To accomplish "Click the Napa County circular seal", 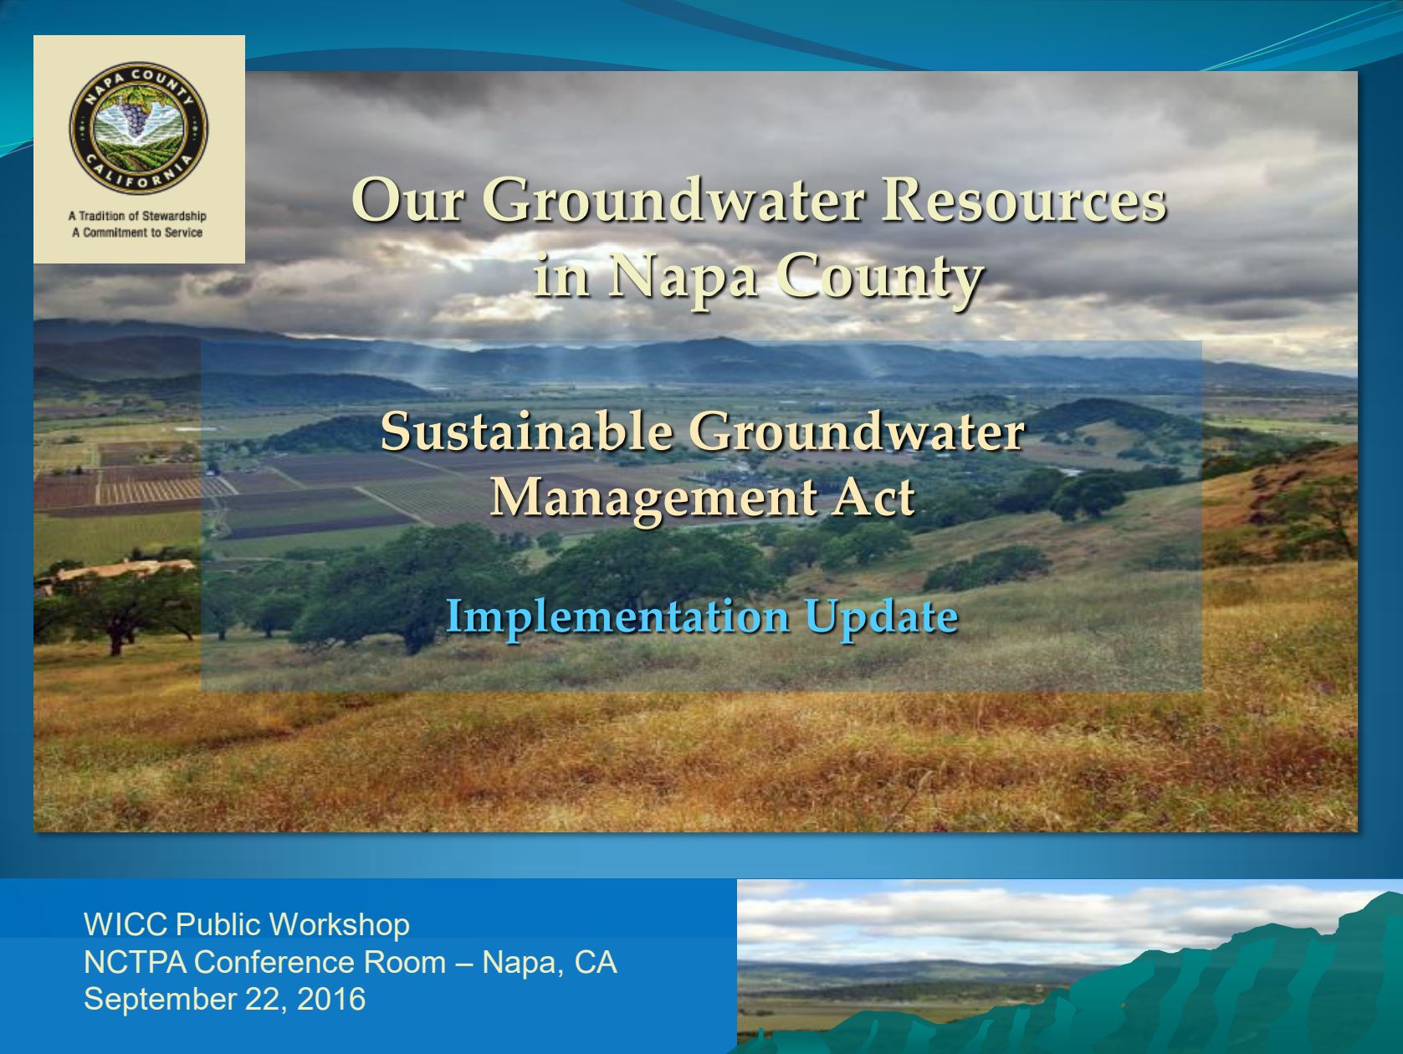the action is [139, 128].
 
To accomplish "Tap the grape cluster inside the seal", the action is [134, 115].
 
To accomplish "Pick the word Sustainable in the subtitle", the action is [527, 432].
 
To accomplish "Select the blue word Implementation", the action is [617, 617].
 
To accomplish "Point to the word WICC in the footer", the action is [125, 924].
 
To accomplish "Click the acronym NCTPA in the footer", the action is [135, 962].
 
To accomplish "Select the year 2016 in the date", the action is [331, 999].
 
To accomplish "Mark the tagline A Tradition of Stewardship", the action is [137, 216].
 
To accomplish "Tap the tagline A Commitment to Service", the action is [137, 233].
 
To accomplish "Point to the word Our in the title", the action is [407, 201].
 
